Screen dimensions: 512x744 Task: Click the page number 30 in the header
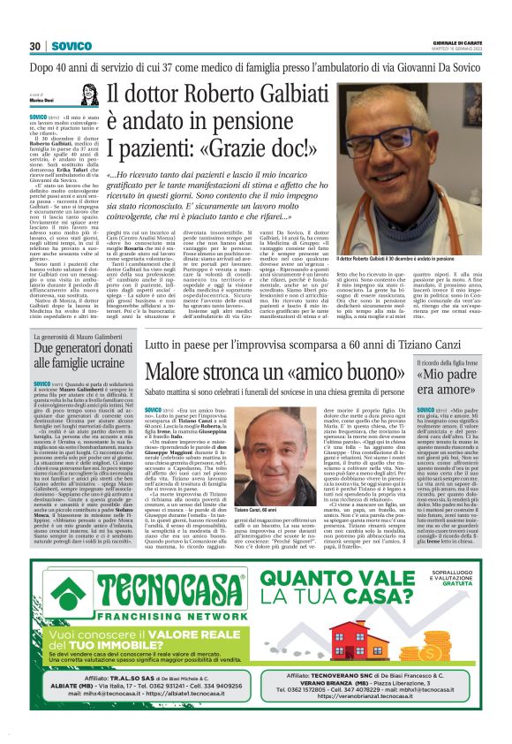[x=36, y=46]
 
